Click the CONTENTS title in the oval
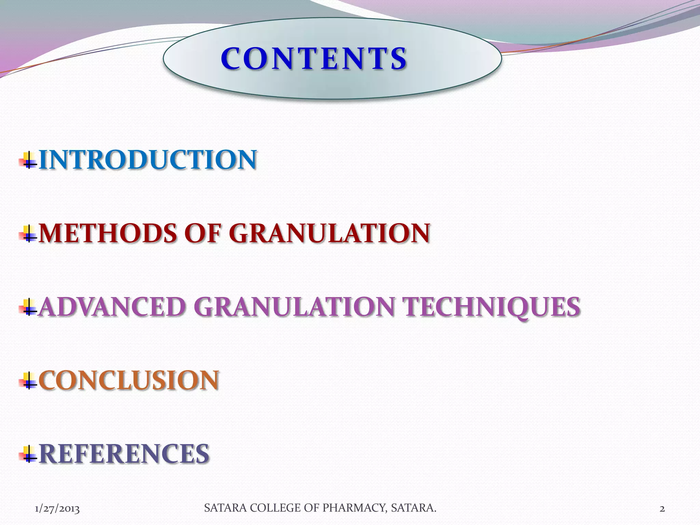tap(314, 59)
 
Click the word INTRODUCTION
tap(148, 160)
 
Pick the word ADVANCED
tap(112, 307)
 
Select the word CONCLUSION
tap(129, 380)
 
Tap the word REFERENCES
tap(124, 454)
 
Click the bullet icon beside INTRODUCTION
tap(28, 160)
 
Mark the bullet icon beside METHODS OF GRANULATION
tap(28, 234)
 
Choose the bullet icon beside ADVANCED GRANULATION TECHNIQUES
tap(28, 307)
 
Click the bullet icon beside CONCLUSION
tap(28, 381)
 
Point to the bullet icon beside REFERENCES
tap(28, 454)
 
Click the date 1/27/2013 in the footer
tap(57, 509)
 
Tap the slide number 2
tap(662, 509)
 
